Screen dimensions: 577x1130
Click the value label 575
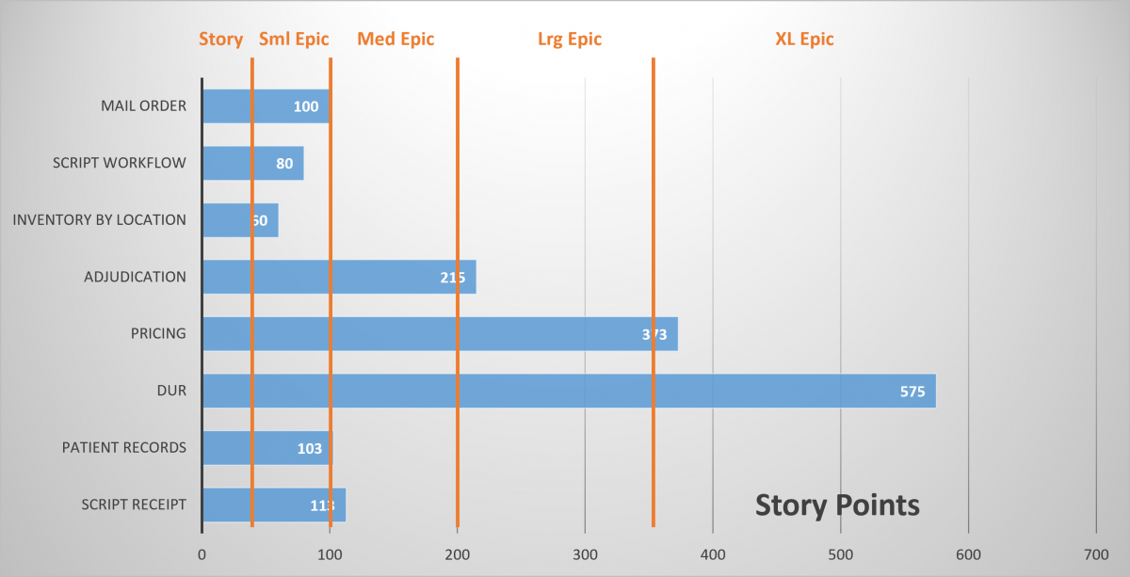pyautogui.click(x=912, y=392)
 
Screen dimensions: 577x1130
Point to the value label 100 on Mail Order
pyautogui.click(x=306, y=106)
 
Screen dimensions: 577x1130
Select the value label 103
pyautogui.click(x=310, y=448)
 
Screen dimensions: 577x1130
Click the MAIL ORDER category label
pyautogui.click(x=143, y=105)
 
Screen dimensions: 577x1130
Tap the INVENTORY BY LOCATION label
pyautogui.click(x=99, y=219)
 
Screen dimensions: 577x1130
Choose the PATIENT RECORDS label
pyautogui.click(x=123, y=447)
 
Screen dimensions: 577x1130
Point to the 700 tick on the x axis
pyautogui.click(x=1096, y=554)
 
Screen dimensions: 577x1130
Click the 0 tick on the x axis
pyautogui.click(x=202, y=554)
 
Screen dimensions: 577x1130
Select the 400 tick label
pyautogui.click(x=713, y=554)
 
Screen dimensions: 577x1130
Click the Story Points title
pyautogui.click(x=837, y=505)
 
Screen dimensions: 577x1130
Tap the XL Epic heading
pyautogui.click(x=804, y=39)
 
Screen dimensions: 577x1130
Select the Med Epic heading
pyautogui.click(x=395, y=39)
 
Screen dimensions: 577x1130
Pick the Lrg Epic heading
pyautogui.click(x=569, y=39)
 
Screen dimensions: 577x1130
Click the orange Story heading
pyautogui.click(x=220, y=39)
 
